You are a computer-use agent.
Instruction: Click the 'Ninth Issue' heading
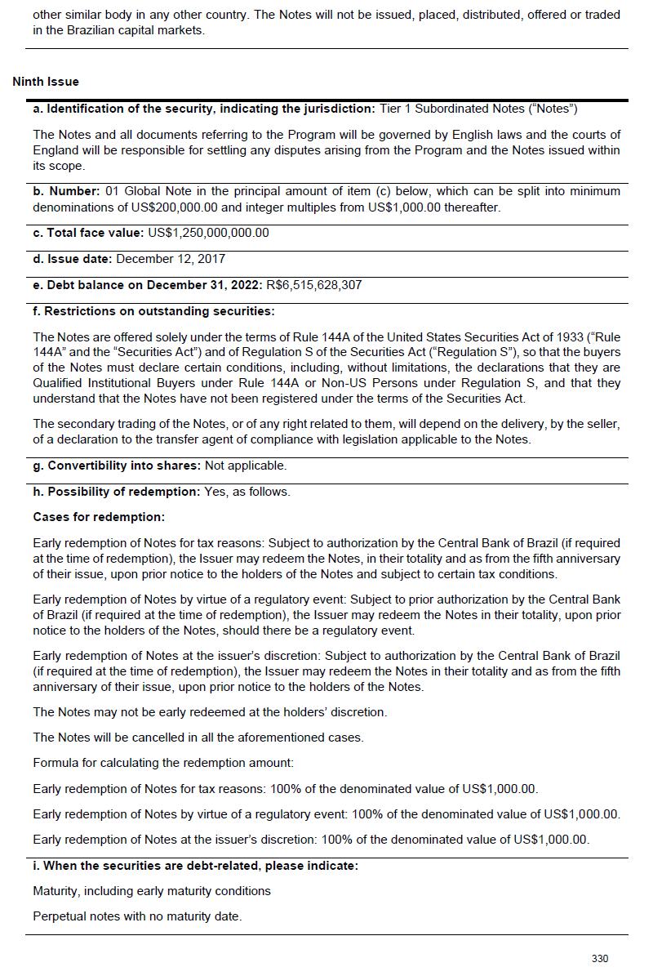[46, 82]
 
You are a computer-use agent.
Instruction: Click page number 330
[600, 958]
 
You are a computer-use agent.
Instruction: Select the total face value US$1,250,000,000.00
[208, 233]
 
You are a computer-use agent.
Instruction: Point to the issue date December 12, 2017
[171, 259]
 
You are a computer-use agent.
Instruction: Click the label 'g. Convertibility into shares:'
[117, 466]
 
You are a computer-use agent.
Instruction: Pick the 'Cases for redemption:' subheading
[99, 517]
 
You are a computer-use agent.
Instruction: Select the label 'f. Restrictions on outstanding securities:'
[153, 311]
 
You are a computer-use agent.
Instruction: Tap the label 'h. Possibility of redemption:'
[116, 492]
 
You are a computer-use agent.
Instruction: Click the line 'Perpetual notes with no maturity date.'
[137, 916]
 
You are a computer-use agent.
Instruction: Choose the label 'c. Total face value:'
[88, 233]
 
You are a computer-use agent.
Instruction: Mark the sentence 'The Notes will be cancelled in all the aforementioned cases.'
[198, 738]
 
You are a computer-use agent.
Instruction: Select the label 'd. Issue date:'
[73, 259]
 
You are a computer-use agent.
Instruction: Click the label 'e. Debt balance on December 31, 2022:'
[148, 285]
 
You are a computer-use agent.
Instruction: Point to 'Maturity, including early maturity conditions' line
[152, 890]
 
